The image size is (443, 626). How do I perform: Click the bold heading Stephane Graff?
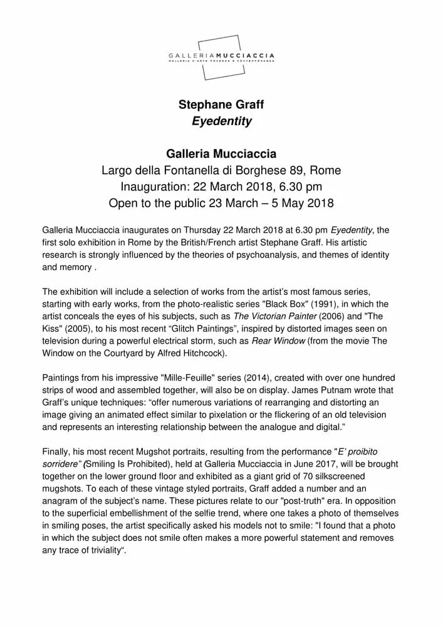[221, 104]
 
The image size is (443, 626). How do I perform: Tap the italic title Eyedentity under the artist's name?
[221, 121]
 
